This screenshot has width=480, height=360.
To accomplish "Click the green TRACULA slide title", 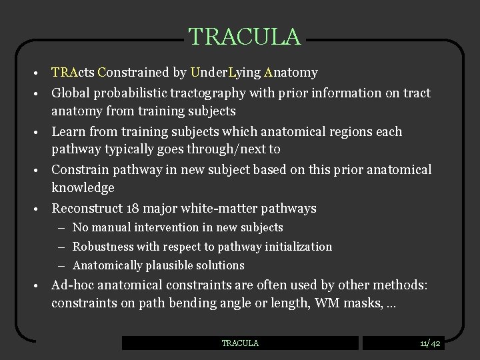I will pos(244,37).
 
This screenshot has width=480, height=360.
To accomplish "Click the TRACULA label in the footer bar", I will pos(240,343).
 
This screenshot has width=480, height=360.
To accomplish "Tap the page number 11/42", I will pos(430,343).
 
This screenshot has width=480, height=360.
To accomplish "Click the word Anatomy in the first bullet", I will pos(291,72).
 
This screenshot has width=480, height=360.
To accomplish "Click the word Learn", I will pos(68,131).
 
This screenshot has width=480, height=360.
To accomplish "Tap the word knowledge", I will pos(83,188).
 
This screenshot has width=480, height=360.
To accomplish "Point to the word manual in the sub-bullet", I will pos(111,227).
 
